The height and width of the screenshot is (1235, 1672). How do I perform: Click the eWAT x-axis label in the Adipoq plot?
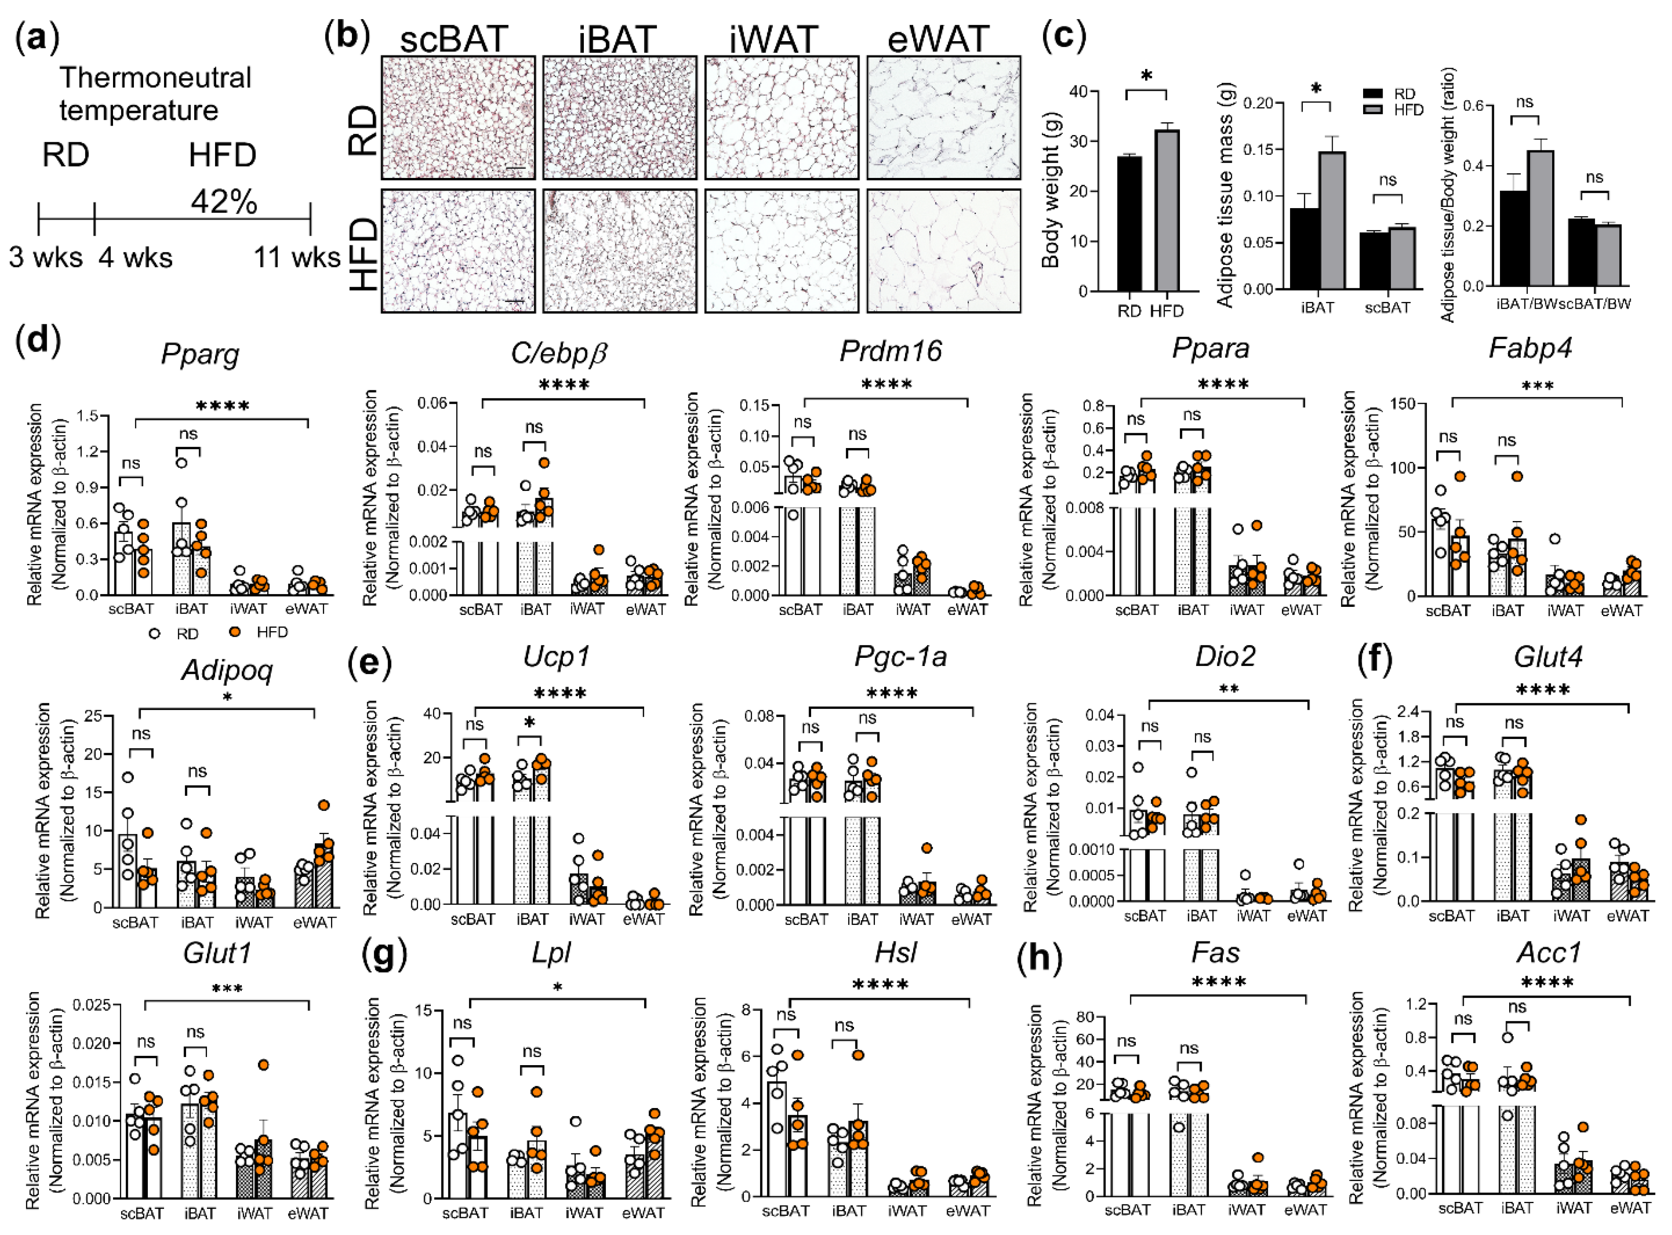click(314, 922)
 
